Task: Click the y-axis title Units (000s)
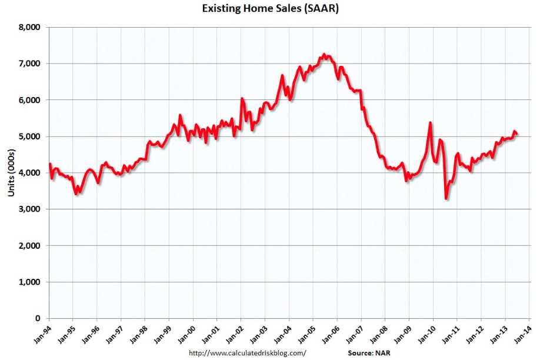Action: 11,172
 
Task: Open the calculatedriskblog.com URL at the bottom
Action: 247,353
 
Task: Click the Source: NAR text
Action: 368,353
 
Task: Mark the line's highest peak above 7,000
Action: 324,54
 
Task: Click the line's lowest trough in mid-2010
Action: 446,199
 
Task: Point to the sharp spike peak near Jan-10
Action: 431,123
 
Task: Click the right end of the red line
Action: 516,134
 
